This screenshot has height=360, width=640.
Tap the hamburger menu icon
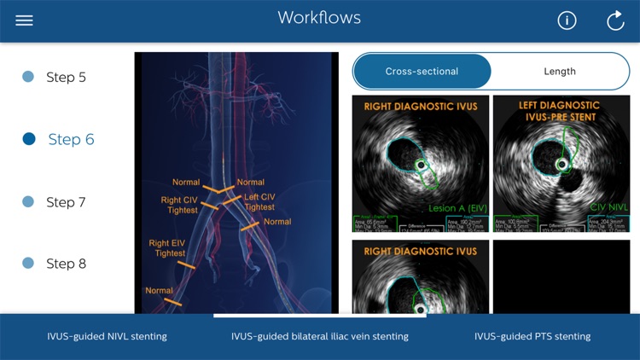point(24,20)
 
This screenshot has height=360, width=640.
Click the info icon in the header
point(567,20)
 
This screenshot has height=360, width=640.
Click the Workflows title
point(319,18)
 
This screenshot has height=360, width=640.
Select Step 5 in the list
point(66,77)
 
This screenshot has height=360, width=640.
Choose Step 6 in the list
point(71,139)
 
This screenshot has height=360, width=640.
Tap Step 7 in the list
point(66,202)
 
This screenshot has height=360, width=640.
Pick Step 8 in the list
point(66,264)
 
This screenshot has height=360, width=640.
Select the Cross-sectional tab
point(422,72)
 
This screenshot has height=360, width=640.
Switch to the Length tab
point(559,72)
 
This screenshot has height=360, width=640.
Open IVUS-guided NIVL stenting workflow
point(107,336)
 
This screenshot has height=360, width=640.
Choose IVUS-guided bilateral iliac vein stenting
point(319,336)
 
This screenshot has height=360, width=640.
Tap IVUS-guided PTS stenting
point(532,336)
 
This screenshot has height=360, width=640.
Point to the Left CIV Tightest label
point(259,202)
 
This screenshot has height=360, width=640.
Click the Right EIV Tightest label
point(170,248)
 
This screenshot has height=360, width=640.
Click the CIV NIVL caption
point(608,206)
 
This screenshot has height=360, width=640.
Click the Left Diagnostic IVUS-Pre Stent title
point(559,111)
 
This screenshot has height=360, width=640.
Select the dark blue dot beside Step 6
point(29,139)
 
